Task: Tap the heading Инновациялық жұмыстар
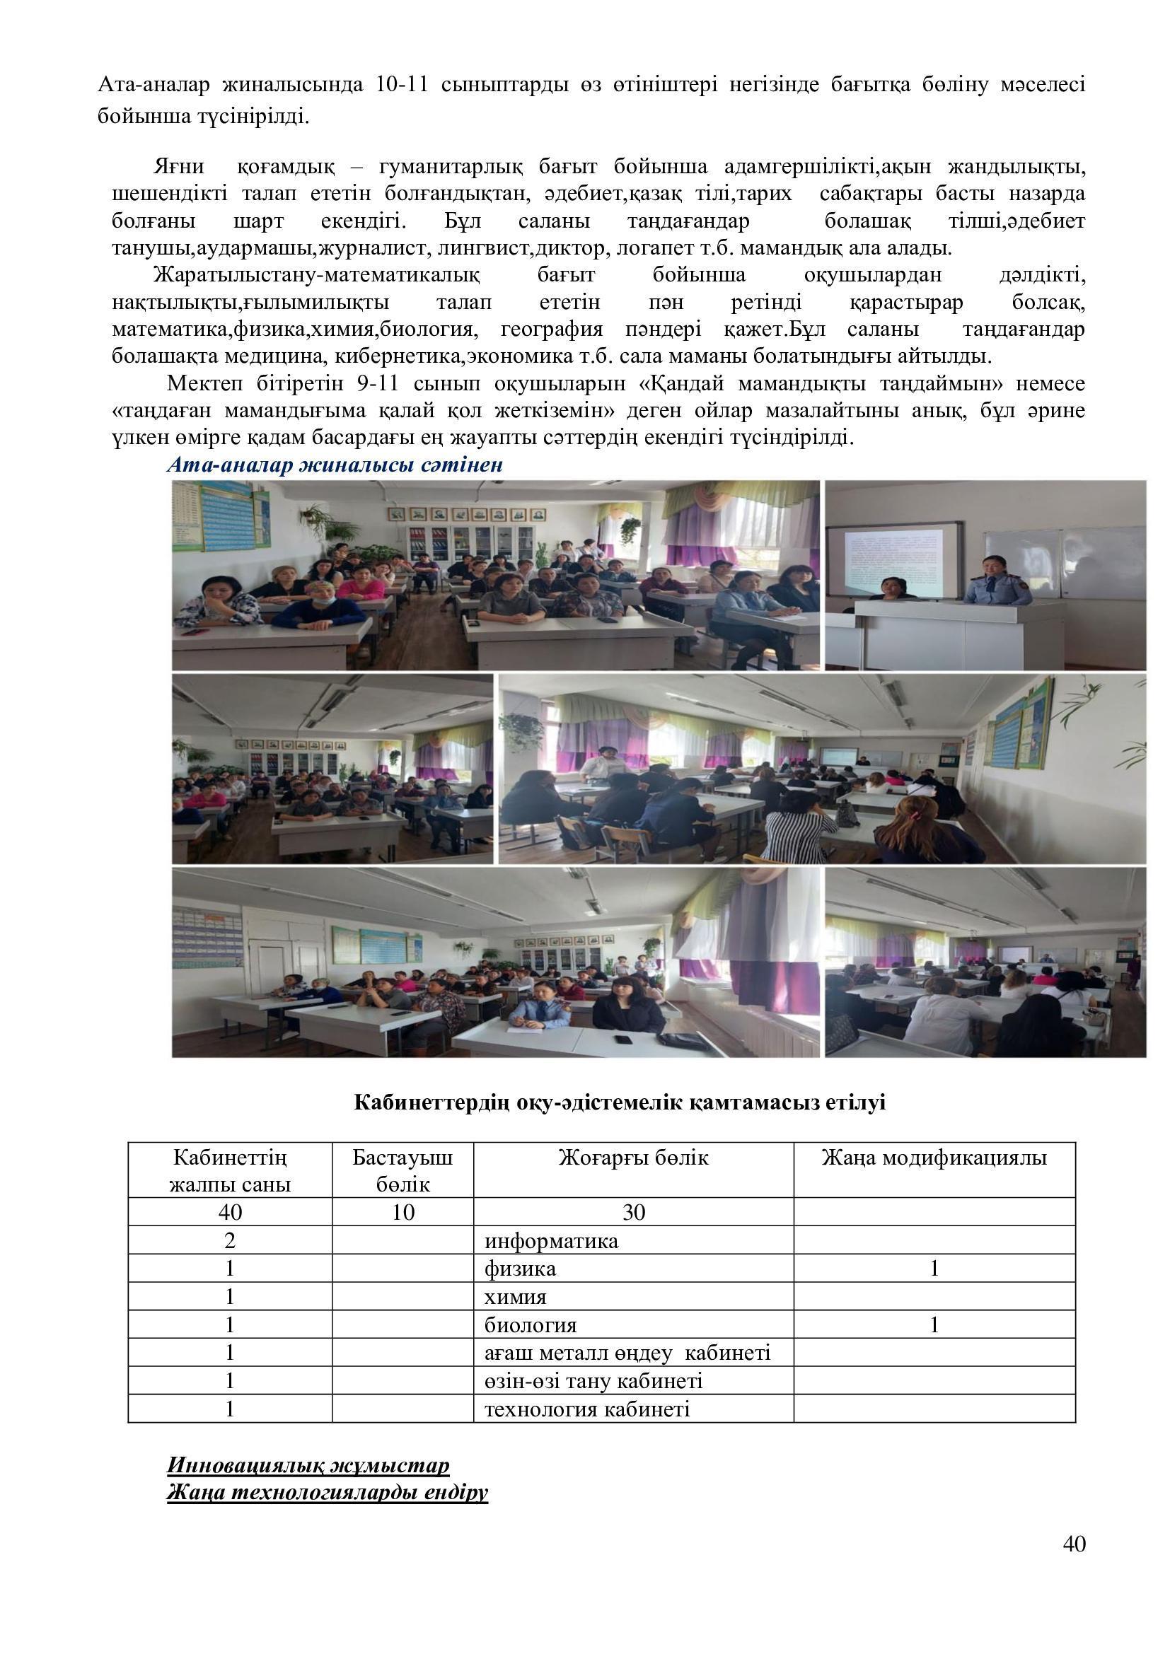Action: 308,1465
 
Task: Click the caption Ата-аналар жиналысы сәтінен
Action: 335,465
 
